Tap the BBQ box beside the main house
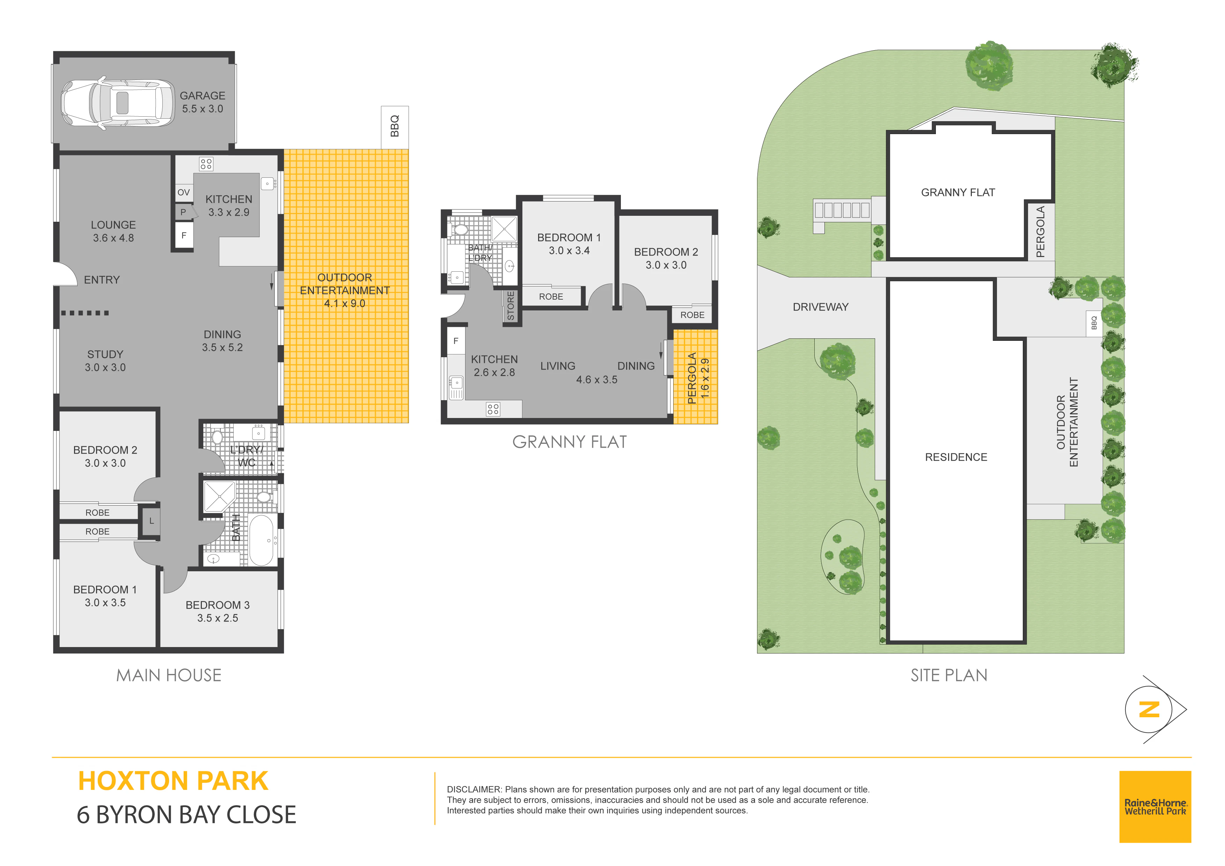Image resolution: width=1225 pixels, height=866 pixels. [395, 127]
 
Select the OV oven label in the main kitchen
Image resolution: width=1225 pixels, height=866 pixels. [184, 193]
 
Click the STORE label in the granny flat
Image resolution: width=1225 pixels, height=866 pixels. [511, 306]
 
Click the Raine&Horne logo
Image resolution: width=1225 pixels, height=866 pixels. [1155, 807]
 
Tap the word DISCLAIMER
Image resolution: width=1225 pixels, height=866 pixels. [474, 789]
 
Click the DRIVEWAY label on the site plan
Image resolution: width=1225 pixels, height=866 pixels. [821, 307]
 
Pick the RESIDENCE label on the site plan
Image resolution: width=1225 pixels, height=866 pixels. [956, 457]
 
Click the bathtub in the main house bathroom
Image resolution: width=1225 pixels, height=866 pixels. [262, 540]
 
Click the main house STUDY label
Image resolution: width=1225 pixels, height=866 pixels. [105, 354]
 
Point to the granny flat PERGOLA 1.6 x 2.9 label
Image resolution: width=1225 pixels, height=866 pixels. [698, 378]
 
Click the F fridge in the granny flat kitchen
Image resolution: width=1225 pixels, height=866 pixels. [456, 341]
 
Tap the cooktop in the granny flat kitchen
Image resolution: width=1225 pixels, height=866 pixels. [493, 409]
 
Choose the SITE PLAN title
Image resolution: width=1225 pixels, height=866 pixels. [949, 675]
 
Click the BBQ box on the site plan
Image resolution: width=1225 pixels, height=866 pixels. [1094, 323]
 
